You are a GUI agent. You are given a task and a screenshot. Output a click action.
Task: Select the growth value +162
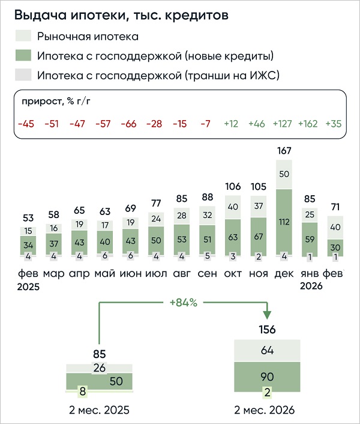coord(308,124)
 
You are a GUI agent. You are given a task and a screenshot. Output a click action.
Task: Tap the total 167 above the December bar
coord(284,151)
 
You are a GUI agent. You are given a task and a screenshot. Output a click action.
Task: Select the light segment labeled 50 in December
coord(284,174)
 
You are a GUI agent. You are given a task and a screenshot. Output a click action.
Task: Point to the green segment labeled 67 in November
coord(258,235)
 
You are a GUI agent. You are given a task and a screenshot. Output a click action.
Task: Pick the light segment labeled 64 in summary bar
coord(267,350)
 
